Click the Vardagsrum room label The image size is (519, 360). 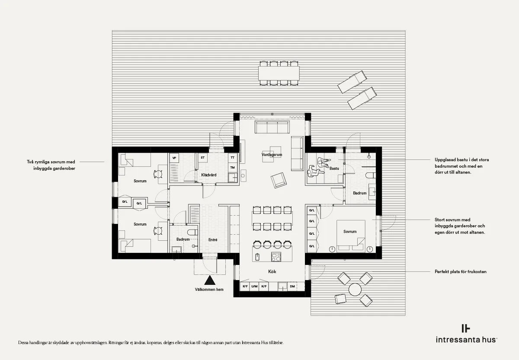272,154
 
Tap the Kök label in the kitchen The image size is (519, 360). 272,271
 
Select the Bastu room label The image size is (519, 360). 334,168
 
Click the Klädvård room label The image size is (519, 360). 209,175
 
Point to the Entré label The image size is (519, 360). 213,239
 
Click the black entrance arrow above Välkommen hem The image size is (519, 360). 210,280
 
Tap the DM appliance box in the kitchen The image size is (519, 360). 292,287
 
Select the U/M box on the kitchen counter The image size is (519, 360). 254,287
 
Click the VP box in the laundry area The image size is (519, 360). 174,158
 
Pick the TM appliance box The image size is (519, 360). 232,167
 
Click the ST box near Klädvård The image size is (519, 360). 203,158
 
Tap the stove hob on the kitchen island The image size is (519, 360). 276,257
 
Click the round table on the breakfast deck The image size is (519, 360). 355,290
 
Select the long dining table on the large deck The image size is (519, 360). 279,73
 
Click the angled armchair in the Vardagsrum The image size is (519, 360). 279,180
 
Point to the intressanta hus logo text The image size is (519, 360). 466,340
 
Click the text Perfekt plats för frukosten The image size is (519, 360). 460,271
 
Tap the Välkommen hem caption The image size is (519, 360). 209,290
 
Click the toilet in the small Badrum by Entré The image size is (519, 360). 192,232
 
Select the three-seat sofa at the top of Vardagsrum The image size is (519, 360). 272,127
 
